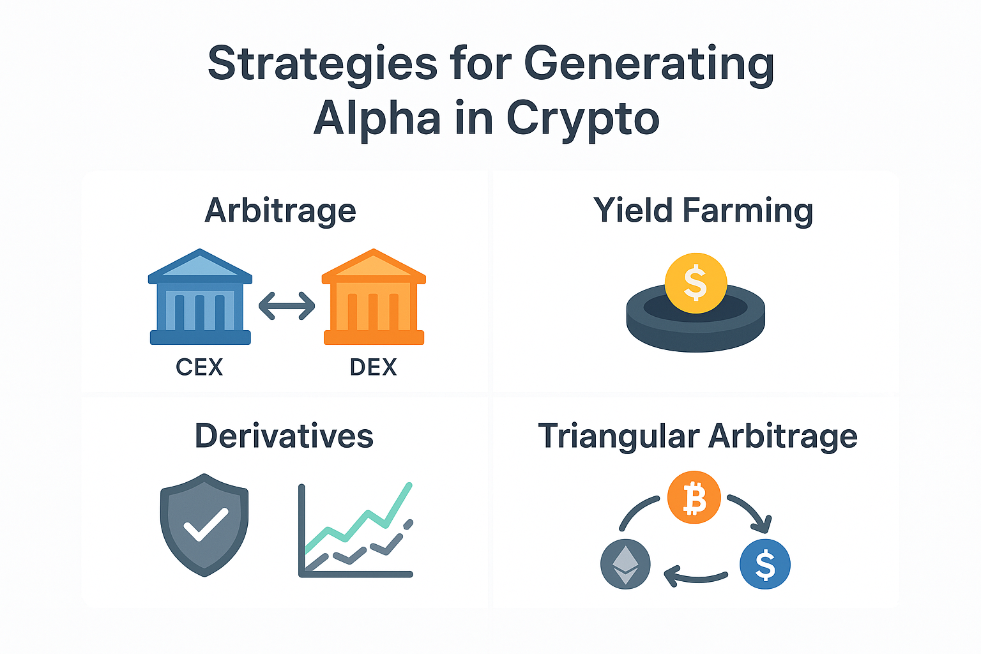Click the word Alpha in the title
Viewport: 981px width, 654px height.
coord(377,118)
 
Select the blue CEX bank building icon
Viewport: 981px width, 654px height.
coord(200,296)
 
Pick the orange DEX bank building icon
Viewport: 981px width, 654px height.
coord(374,296)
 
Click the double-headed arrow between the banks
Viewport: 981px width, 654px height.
coord(287,305)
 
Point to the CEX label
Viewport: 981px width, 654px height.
coord(199,367)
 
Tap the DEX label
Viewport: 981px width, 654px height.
coord(373,367)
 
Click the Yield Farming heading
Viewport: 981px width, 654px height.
coord(703,211)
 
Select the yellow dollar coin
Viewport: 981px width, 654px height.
coord(696,283)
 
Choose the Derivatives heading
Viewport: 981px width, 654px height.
coord(284,436)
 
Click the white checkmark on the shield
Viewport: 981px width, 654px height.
coord(206,524)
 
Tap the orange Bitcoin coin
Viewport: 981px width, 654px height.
coord(694,497)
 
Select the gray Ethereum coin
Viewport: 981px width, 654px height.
coord(625,564)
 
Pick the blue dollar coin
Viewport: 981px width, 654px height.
coord(765,564)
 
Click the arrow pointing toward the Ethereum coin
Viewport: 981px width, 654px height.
coord(696,579)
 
